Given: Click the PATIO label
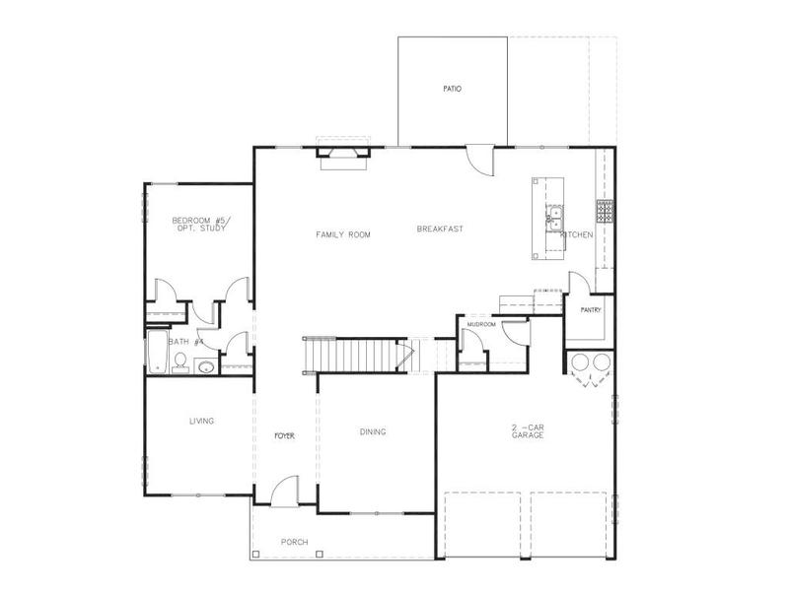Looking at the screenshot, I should [x=453, y=89].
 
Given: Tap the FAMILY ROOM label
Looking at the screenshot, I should [x=343, y=234].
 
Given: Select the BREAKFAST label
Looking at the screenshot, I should [x=440, y=229].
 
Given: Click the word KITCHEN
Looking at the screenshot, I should [x=577, y=235].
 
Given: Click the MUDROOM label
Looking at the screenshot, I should [x=480, y=323].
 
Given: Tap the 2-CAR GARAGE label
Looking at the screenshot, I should [x=528, y=430].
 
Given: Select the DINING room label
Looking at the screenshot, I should [x=373, y=431].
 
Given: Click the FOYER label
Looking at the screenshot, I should [x=285, y=434].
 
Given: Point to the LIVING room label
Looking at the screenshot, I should [x=202, y=421].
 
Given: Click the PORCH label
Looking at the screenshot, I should [x=295, y=543].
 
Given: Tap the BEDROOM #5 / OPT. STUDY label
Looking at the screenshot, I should [x=199, y=224].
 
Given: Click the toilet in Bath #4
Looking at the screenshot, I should [x=180, y=362].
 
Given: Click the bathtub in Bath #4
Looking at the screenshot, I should [x=157, y=353].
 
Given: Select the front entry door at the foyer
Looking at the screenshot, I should [x=285, y=491].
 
